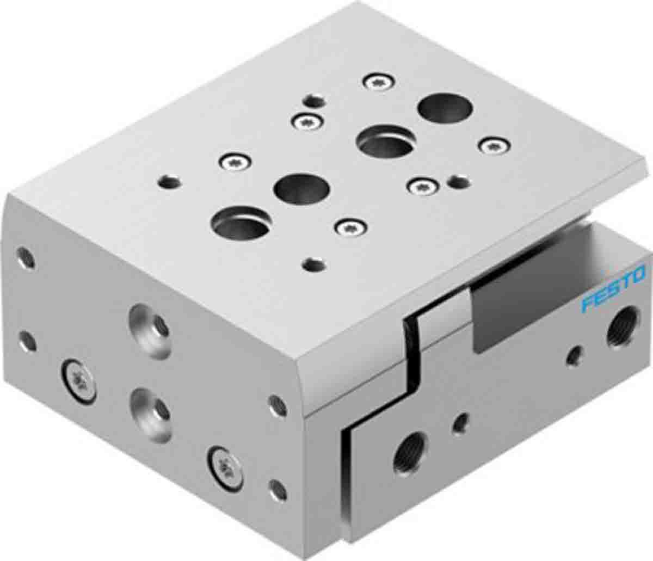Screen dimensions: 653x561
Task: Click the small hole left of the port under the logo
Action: (x=574, y=357)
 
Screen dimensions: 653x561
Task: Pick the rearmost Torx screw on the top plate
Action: (x=379, y=82)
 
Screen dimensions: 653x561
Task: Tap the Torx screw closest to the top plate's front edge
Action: (x=351, y=227)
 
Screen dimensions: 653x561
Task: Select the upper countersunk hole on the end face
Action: (x=149, y=331)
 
